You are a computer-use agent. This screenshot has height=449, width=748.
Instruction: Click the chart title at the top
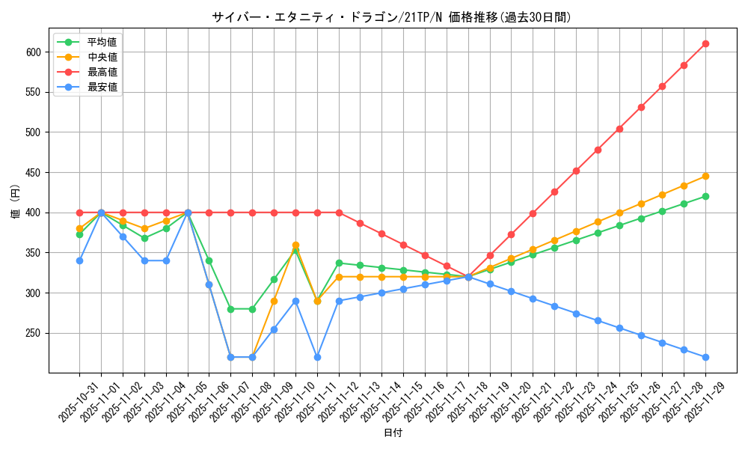pyautogui.click(x=390, y=17)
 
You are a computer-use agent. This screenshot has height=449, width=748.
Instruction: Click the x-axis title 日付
pyautogui.click(x=393, y=433)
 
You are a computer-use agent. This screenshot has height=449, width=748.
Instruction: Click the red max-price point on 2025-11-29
pyautogui.click(x=705, y=43)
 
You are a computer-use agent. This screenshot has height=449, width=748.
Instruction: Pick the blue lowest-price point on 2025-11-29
pyautogui.click(x=705, y=357)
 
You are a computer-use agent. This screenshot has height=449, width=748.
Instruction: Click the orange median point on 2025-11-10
pyautogui.click(x=295, y=245)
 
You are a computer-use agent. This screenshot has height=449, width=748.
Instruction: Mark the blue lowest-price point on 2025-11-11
pyautogui.click(x=317, y=357)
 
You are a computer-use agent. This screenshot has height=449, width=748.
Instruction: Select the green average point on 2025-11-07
pyautogui.click(x=230, y=309)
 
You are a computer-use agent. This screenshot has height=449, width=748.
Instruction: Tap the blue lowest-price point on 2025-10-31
pyautogui.click(x=79, y=260)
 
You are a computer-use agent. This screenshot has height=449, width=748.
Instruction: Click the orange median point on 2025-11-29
pyautogui.click(x=705, y=176)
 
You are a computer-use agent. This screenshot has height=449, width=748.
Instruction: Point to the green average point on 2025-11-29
pyautogui.click(x=705, y=196)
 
